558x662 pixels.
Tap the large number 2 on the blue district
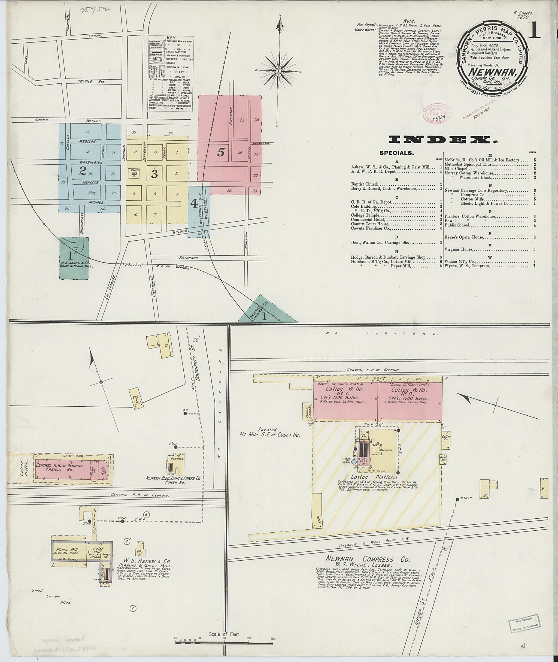pyautogui.click(x=83, y=171)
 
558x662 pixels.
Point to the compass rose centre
pyautogui.click(x=279, y=71)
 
